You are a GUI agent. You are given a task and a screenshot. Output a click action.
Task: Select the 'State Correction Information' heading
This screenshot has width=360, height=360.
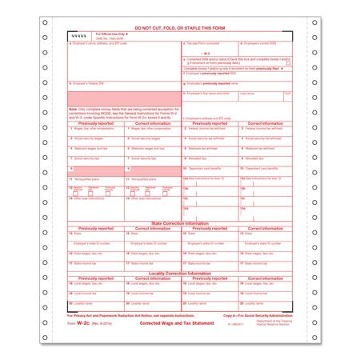pos(180,222)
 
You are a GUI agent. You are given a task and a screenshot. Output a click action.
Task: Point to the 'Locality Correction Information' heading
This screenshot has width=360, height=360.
pos(180,273)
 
